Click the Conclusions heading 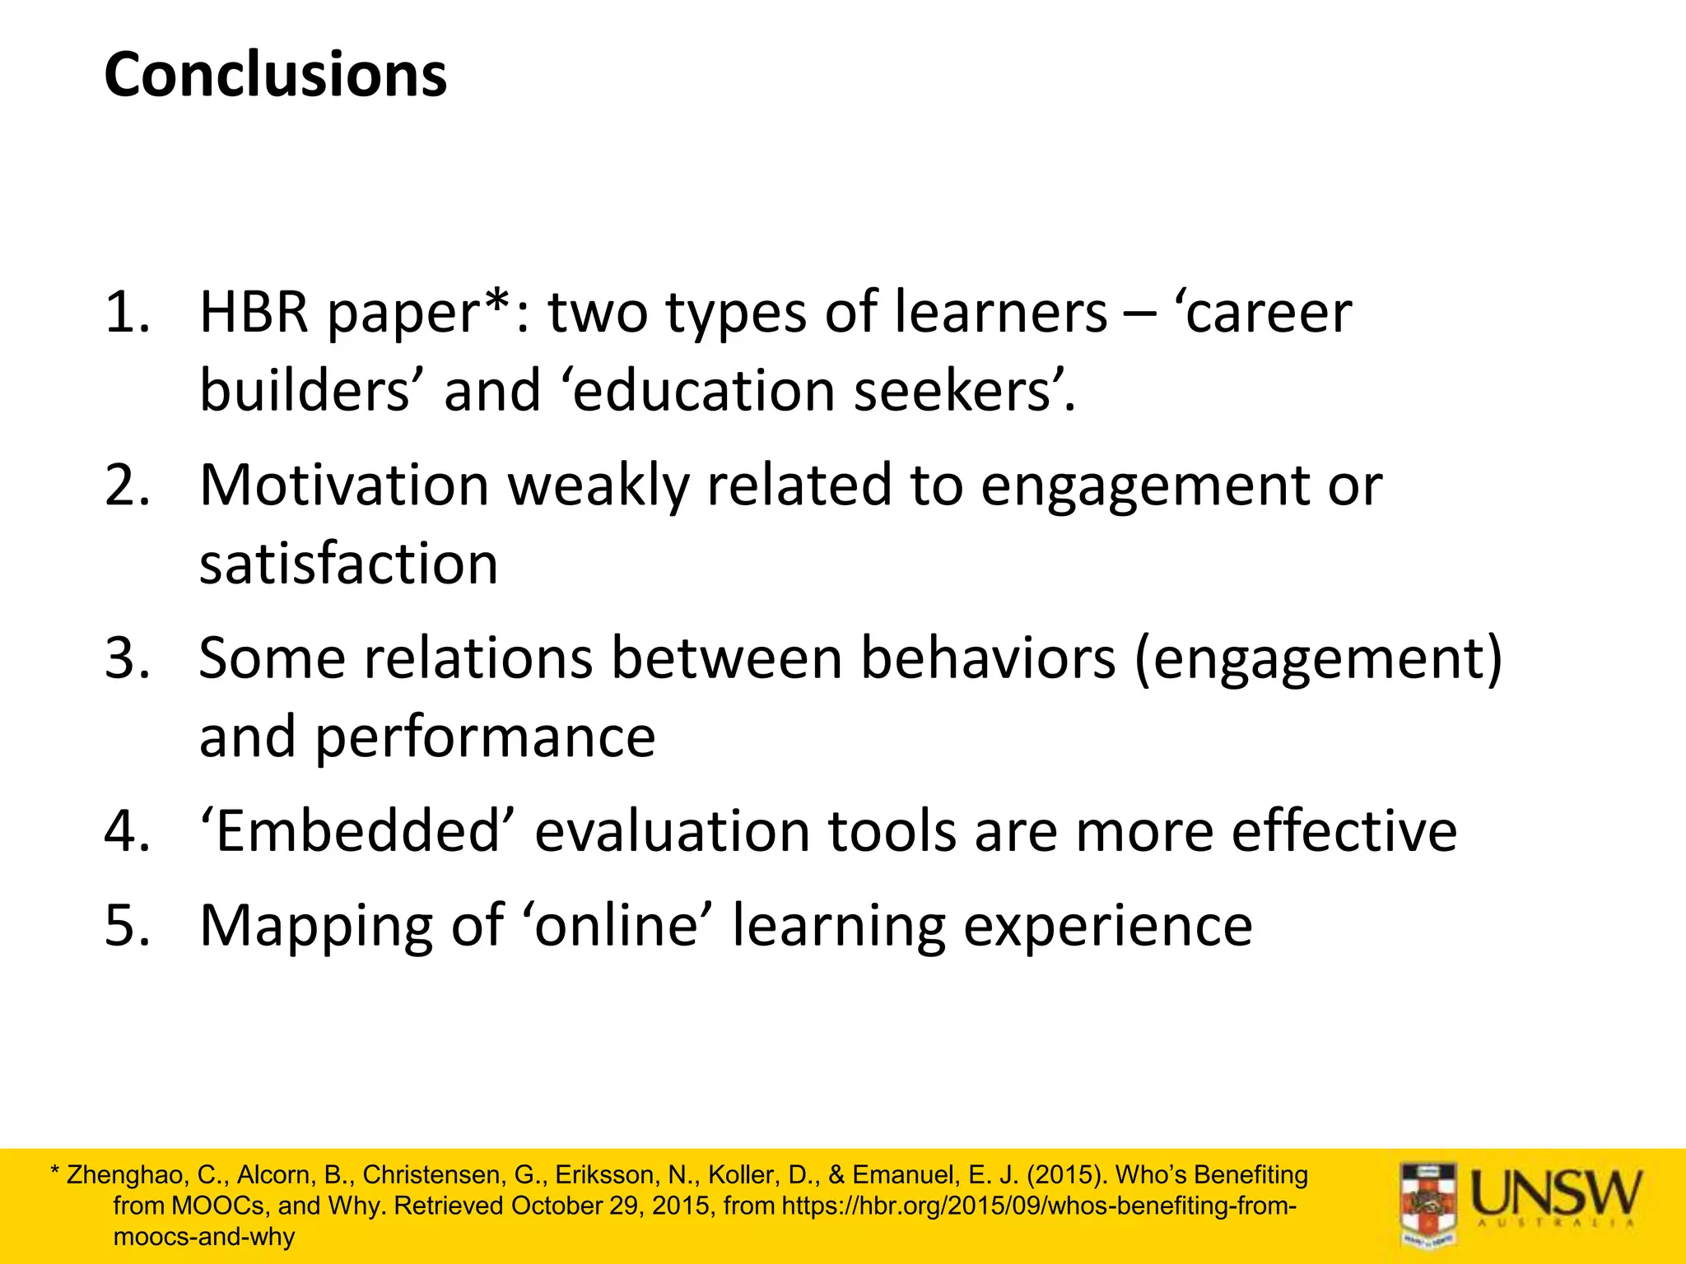click(276, 75)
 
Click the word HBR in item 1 click(254, 313)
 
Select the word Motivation click(344, 486)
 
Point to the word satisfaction click(348, 565)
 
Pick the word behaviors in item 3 click(988, 658)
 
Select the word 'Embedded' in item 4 click(357, 831)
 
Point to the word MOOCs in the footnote click(217, 1206)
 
